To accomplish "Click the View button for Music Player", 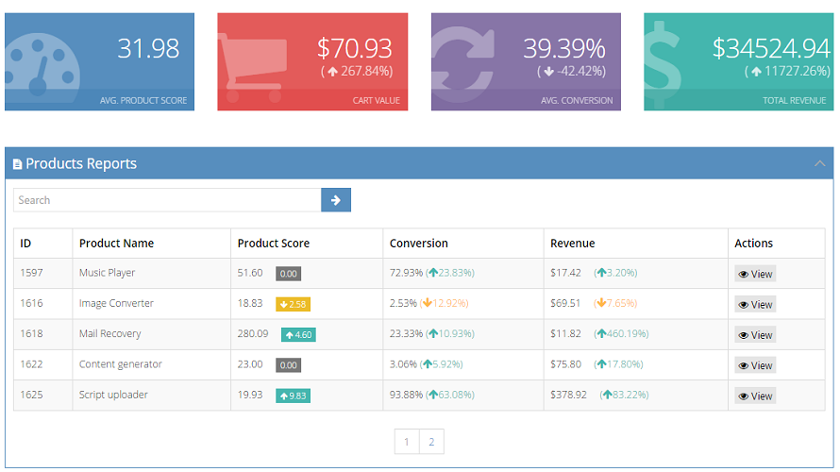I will pos(755,274).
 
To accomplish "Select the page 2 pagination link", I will pos(431,442).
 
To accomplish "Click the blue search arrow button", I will pos(336,200).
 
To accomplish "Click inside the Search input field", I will pos(167,200).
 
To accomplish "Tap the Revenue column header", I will pos(572,243).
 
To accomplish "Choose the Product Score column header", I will pos(273,243).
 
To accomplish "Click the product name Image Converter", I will pos(116,303).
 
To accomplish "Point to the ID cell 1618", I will pos(33,333).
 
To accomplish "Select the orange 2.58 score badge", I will pos(293,304).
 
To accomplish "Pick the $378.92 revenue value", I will pos(568,395).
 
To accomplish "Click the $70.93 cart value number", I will pos(354,48).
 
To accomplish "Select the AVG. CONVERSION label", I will pos(577,100).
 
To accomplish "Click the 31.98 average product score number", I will pos(148,48).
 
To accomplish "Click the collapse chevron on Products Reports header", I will pos(819,163).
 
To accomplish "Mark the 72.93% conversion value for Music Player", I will pos(406,273).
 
